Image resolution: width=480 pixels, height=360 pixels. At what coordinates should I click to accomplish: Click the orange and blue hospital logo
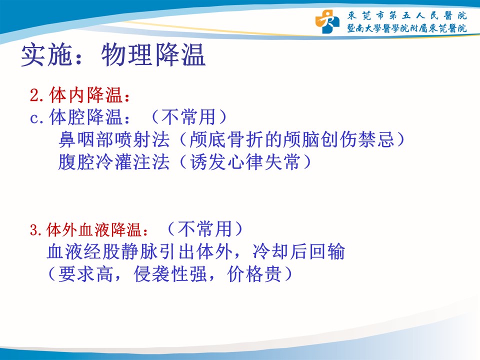pyautogui.click(x=327, y=21)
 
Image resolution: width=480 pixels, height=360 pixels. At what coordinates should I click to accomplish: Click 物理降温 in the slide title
pyautogui.click(x=153, y=55)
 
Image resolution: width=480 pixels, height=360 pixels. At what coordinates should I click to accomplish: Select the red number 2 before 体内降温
pyautogui.click(x=34, y=95)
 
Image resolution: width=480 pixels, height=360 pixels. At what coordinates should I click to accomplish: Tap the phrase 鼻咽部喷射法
pyautogui.click(x=114, y=139)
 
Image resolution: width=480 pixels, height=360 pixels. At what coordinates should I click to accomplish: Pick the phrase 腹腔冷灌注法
pyautogui.click(x=114, y=162)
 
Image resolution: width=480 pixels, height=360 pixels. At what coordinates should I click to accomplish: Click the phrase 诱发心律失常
pyautogui.click(x=245, y=162)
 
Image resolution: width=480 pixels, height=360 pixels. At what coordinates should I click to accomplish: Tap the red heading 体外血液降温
pyautogui.click(x=94, y=230)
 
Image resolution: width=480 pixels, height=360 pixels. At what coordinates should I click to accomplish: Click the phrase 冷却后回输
pyautogui.click(x=299, y=251)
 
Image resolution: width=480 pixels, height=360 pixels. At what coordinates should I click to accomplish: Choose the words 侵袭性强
pyautogui.click(x=170, y=274)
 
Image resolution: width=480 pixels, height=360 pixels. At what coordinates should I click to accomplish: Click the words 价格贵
pyautogui.click(x=254, y=274)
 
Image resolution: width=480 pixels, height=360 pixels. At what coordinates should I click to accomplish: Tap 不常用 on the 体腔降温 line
pyautogui.click(x=188, y=117)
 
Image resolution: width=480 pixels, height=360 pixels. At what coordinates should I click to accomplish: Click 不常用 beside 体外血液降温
pyautogui.click(x=204, y=229)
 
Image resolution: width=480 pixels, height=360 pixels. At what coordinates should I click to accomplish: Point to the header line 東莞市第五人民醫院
pyautogui.click(x=407, y=15)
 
